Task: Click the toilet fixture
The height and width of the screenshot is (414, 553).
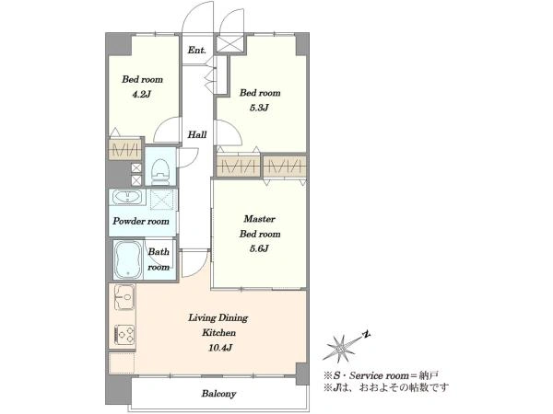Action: pos(160,171)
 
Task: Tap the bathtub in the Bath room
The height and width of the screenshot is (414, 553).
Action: pos(128,259)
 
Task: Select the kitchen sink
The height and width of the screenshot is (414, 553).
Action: pos(124,297)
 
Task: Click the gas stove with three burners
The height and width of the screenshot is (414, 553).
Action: pos(124,334)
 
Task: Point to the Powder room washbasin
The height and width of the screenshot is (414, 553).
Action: pos(127,197)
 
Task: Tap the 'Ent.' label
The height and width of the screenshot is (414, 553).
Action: pos(197,51)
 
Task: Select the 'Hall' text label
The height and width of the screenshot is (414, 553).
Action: pos(197,134)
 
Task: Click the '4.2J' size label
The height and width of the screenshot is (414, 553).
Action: pos(141,95)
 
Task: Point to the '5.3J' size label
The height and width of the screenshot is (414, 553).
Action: pos(259,108)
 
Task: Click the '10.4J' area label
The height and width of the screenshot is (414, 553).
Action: pos(220,348)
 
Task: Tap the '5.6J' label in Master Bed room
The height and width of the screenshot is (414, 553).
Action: pos(259,248)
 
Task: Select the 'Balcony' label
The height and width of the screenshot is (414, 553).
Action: pos(218,394)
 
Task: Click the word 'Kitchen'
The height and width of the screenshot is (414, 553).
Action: pos(219,333)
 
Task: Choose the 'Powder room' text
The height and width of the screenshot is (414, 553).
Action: pos(141,222)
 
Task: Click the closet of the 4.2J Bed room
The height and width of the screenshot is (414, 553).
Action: pos(124,150)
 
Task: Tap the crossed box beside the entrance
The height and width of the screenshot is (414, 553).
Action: pos(229,43)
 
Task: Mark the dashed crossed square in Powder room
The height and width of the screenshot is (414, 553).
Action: pos(162,200)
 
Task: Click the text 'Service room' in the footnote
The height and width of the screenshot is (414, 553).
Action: pos(379,375)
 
